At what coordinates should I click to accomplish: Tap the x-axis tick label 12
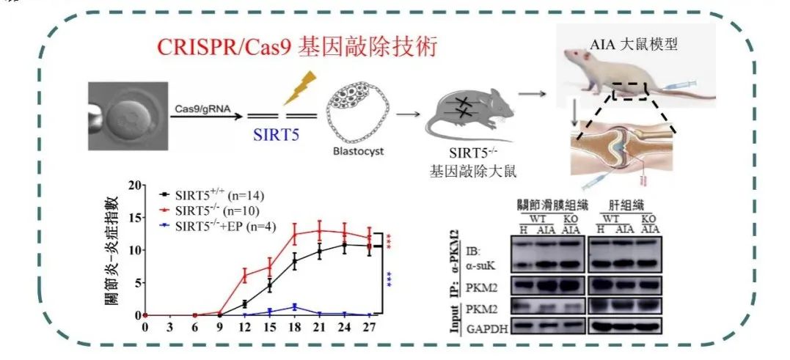tap(244, 326)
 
